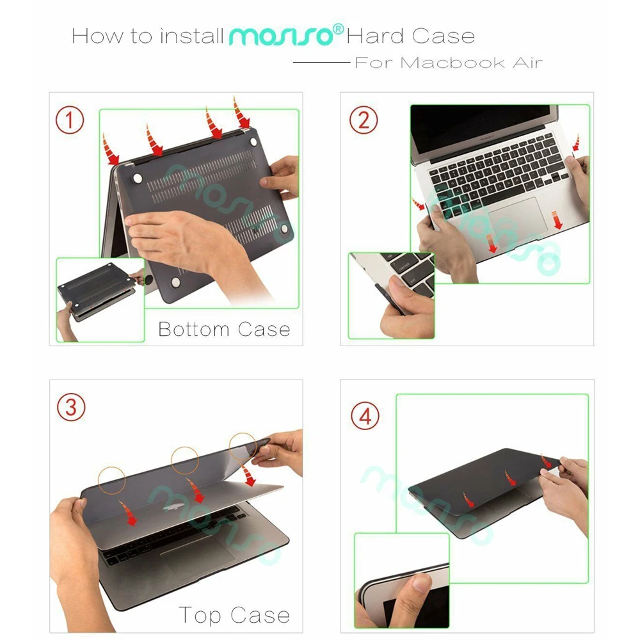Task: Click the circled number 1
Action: click(x=70, y=120)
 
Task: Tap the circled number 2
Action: click(x=364, y=120)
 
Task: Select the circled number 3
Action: click(x=71, y=408)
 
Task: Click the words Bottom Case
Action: click(x=224, y=330)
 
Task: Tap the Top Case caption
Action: click(x=234, y=616)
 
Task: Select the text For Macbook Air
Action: click(x=448, y=63)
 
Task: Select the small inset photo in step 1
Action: click(x=99, y=299)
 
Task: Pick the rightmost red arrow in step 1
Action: click(x=242, y=114)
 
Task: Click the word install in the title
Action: click(x=191, y=36)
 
